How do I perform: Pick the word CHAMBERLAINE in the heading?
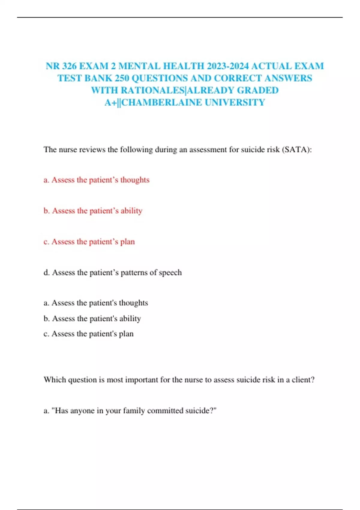(162, 103)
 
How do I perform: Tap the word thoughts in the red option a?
(135, 180)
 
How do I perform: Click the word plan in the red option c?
(127, 241)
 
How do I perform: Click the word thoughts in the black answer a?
(133, 303)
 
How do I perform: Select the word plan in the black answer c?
(126, 334)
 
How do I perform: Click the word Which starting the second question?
(55, 380)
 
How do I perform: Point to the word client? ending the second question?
(303, 380)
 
